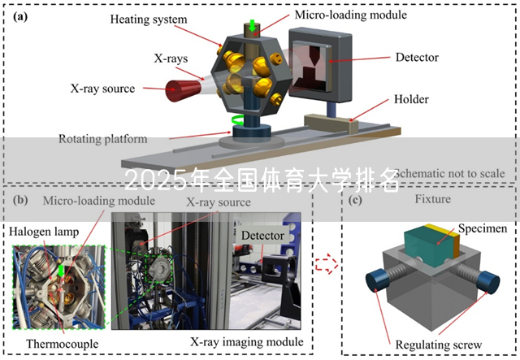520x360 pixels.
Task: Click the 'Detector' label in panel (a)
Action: tap(416, 58)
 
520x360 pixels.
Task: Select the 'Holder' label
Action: tap(411, 100)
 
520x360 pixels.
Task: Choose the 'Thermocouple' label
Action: tap(62, 344)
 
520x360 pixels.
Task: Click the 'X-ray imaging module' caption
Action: tap(246, 341)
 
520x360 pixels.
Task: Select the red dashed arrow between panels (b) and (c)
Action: tap(325, 262)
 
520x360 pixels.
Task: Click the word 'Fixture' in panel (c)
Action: tap(433, 199)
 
